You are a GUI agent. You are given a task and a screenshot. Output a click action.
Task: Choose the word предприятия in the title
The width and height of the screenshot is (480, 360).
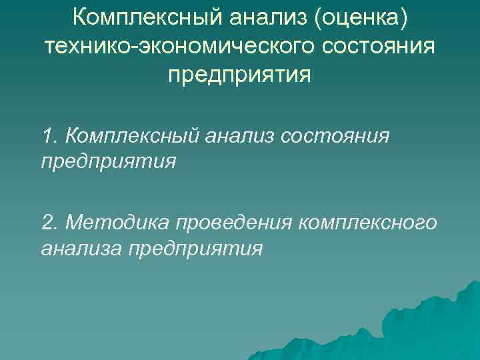click(239, 74)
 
